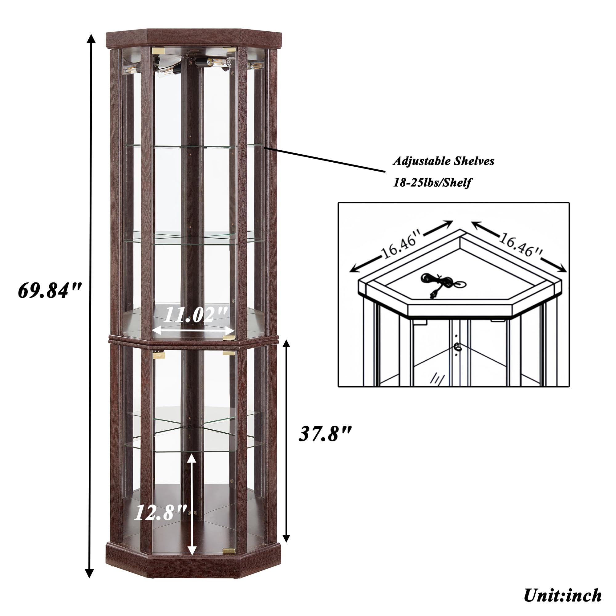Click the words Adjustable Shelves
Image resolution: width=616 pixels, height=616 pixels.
tap(444, 161)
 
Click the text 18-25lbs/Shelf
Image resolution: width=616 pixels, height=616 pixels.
tap(432, 183)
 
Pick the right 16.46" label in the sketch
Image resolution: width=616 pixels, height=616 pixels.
tap(520, 245)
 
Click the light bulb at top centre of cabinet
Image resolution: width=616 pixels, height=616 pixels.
tap(220, 63)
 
